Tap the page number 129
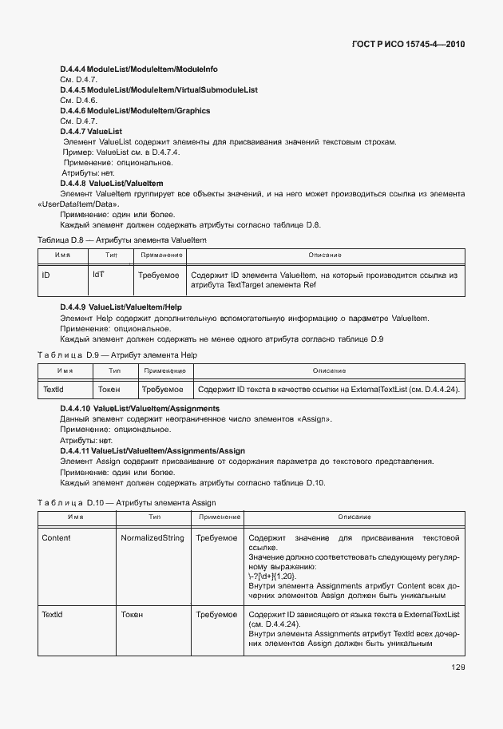point(457,668)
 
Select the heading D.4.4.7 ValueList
point(91,131)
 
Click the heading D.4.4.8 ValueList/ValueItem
point(112,184)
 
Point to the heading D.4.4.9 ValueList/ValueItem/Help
point(122,307)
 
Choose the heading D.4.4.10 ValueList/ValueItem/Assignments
point(141,409)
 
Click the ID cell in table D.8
point(47,275)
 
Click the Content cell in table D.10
point(56,537)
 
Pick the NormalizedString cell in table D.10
point(152,537)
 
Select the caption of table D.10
point(127,502)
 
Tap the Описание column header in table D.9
point(329,370)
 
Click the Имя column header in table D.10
point(75,517)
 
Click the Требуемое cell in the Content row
point(216,537)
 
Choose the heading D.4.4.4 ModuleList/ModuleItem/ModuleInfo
point(139,69)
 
